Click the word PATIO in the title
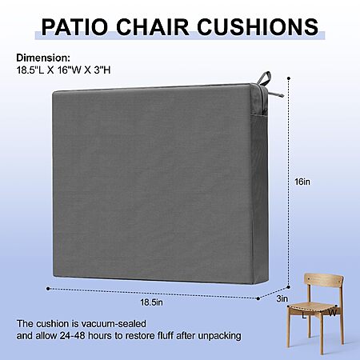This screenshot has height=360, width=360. (75, 26)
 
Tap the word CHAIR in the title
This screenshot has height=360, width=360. (153, 26)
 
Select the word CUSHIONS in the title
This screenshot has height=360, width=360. (258, 26)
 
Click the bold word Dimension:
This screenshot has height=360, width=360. (43, 58)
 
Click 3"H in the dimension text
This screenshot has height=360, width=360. (102, 70)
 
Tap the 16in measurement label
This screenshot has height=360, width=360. (302, 182)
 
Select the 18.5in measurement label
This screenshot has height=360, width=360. (151, 302)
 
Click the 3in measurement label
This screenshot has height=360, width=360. (282, 298)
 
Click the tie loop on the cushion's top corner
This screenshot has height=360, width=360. (265, 78)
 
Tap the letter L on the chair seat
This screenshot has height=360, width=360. (304, 316)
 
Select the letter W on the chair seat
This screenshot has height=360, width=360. (332, 313)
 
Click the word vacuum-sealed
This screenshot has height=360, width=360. (114, 324)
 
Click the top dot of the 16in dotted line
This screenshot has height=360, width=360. (289, 78)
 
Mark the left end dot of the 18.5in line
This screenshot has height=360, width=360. (48, 289)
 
